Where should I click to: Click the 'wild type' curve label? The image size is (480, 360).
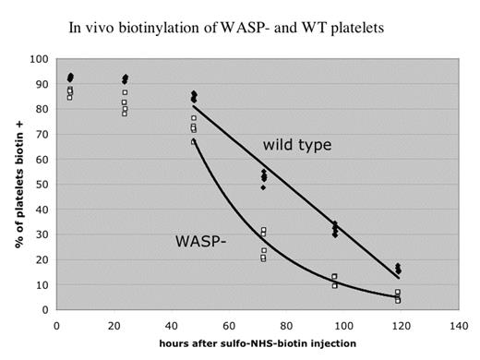point(295,146)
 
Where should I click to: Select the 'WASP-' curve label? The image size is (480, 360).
point(199,242)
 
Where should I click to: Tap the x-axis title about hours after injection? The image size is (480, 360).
point(255,345)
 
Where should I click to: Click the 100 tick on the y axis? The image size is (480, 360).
point(39,59)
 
